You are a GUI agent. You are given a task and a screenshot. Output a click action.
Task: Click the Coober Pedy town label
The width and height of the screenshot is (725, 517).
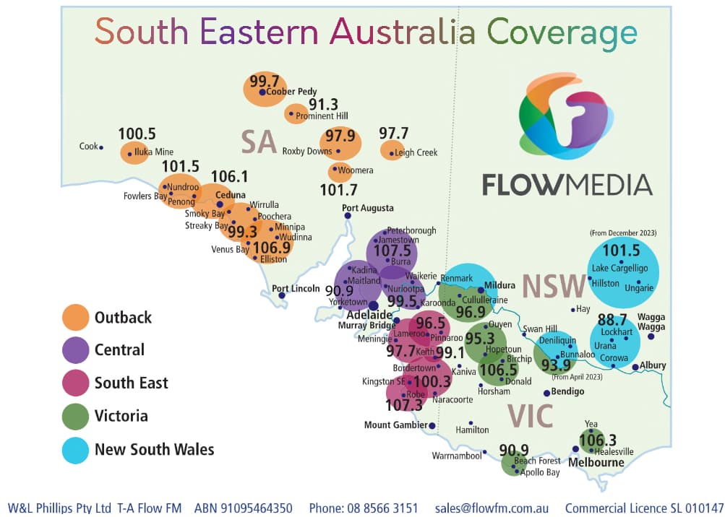[292, 92]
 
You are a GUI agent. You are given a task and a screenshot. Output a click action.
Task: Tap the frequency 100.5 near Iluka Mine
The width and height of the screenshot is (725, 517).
[137, 134]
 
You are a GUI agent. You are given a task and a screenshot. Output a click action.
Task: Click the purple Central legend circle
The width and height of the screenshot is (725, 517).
[76, 350]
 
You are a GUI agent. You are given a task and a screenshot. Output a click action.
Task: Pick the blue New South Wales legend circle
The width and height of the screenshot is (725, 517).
[76, 450]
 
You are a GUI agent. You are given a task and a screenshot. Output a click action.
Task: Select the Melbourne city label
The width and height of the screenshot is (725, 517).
[597, 462]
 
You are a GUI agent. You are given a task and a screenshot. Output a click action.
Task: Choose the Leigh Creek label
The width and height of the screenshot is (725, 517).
[416, 152]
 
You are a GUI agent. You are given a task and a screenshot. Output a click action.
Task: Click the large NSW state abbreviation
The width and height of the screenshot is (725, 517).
[553, 286]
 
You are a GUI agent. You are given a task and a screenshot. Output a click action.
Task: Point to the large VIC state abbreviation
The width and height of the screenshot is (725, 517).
[530, 416]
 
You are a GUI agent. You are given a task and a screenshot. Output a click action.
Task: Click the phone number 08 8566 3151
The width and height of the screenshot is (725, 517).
[379, 508]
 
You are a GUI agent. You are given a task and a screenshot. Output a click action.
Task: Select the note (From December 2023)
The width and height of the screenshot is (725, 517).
[623, 233]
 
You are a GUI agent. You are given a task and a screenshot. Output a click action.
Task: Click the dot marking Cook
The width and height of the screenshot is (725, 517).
[101, 147]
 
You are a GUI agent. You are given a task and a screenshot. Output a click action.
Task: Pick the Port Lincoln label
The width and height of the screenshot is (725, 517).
[296, 288]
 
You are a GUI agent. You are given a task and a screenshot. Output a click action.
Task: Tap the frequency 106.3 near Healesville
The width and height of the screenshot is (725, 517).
[598, 440]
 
